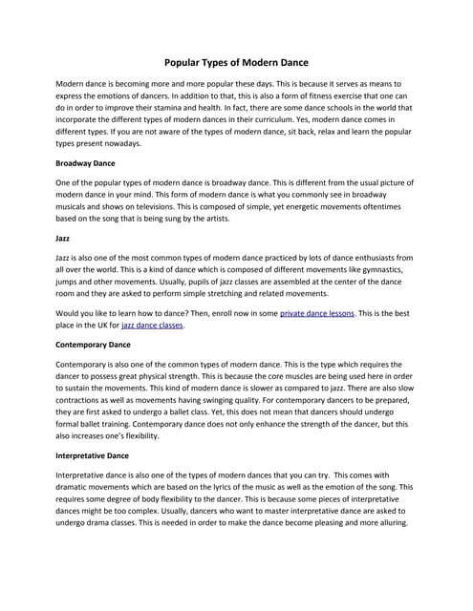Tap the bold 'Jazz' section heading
pyautogui.click(x=65, y=237)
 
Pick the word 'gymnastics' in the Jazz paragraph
pyautogui.click(x=378, y=269)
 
